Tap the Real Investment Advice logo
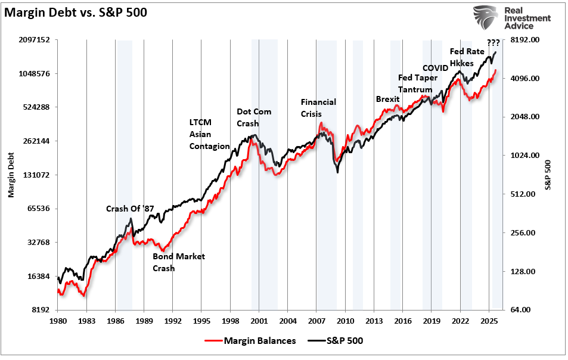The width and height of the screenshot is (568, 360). point(513,18)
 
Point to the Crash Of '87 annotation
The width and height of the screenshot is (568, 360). point(130,209)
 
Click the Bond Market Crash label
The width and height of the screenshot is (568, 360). point(178,262)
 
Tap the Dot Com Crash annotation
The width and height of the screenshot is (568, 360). point(254,117)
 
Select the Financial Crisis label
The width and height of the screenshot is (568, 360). point(318,108)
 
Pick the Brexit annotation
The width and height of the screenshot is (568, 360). point(387,99)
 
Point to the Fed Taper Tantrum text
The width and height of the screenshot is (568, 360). point(418,83)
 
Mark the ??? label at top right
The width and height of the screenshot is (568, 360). point(493,42)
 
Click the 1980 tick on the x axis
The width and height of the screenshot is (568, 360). point(58,320)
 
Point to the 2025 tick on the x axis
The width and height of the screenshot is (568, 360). point(489,320)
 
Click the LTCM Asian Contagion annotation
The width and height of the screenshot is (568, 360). point(209,134)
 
